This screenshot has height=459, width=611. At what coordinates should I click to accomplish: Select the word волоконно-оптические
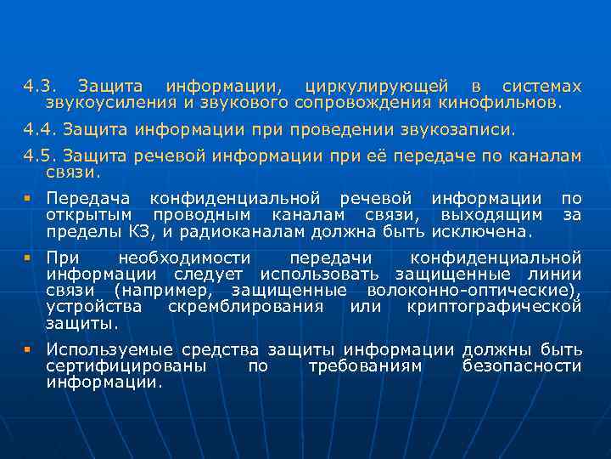click(473, 290)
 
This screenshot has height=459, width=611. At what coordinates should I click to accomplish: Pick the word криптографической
click(494, 306)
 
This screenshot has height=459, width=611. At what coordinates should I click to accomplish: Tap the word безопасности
click(522, 365)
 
